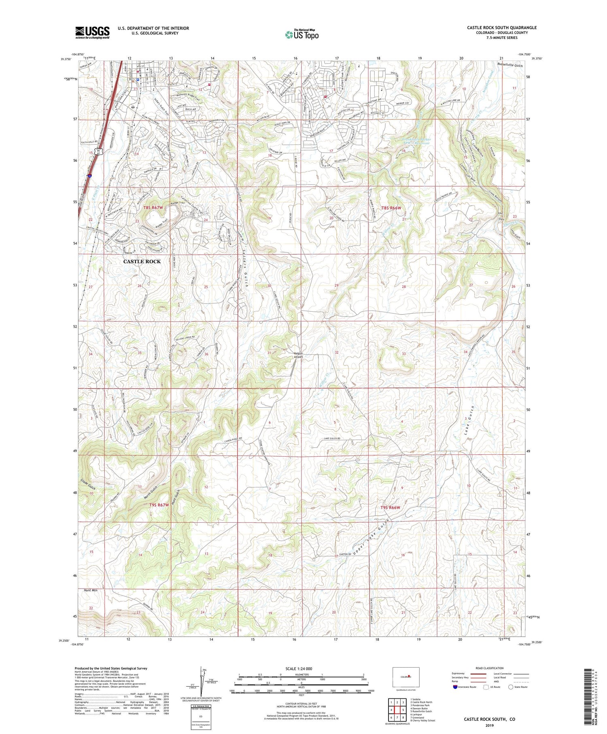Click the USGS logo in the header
click(92, 32)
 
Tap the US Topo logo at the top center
click(301, 34)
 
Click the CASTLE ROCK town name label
click(142, 262)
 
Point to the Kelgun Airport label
click(299, 355)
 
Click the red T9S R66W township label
click(390, 508)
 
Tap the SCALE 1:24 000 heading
click(299, 669)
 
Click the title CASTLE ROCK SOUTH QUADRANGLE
click(502, 28)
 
